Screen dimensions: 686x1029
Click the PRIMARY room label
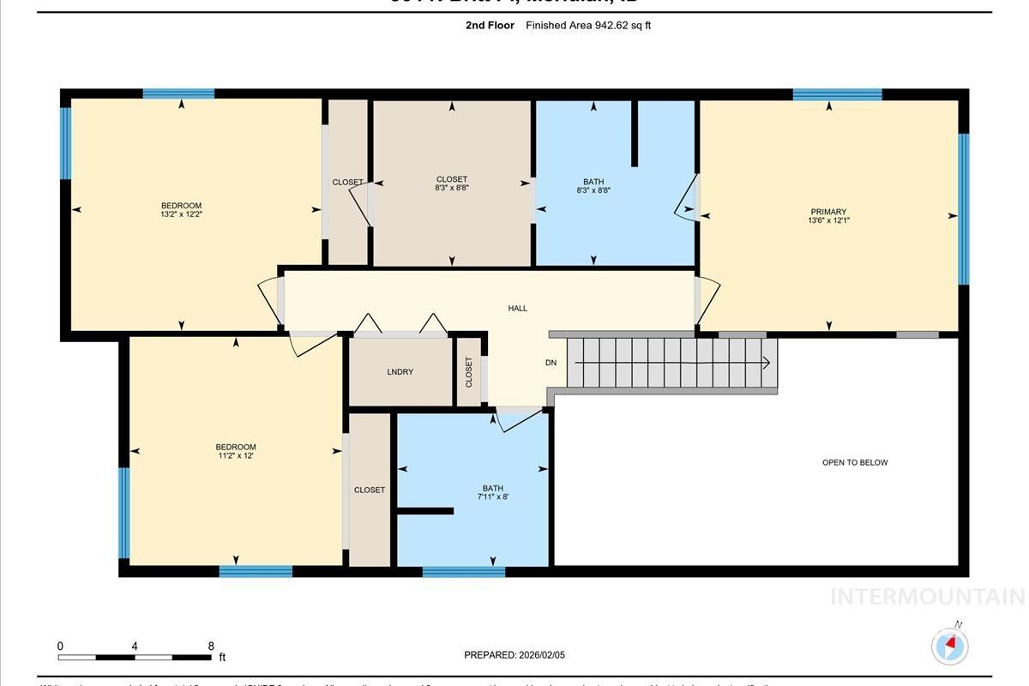pos(828,212)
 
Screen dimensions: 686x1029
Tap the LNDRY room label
pos(400,371)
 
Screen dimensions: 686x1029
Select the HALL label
pos(517,308)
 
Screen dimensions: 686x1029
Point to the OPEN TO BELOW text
pos(855,462)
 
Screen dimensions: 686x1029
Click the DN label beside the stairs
pos(551,363)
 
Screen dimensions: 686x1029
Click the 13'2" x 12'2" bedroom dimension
pos(181,214)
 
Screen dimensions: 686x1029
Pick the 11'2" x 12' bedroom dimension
pos(235,456)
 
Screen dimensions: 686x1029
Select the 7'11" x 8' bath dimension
pos(493,496)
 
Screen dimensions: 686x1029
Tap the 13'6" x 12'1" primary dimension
pos(828,220)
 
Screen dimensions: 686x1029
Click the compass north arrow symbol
pos(949,644)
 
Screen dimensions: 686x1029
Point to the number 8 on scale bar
pos(211,646)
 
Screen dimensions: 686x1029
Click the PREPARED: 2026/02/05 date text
pos(514,655)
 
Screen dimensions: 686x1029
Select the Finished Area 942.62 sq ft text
pos(588,26)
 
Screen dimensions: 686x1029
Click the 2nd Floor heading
pos(490,26)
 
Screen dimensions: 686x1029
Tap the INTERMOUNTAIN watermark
pos(927,597)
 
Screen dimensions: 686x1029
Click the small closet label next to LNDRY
pos(469,371)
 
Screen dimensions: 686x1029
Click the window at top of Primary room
pos(837,94)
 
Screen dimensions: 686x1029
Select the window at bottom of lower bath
pos(464,571)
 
